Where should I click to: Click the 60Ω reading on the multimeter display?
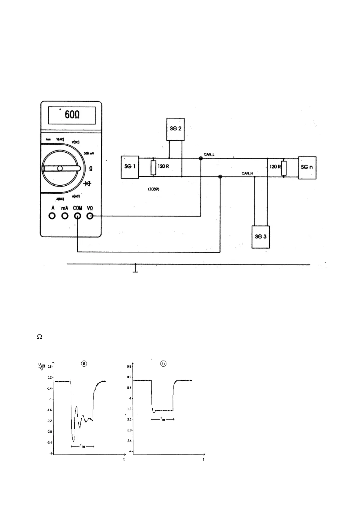(72, 115)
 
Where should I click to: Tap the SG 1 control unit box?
(130, 167)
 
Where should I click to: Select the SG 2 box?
(175, 129)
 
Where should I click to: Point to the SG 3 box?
(261, 237)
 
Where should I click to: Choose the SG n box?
(307, 168)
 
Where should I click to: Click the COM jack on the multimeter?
(78, 216)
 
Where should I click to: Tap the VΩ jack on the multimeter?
(90, 216)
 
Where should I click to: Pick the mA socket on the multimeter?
(65, 216)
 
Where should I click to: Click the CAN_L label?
(209, 154)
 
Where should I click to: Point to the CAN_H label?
(247, 173)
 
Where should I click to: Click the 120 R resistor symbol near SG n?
(284, 167)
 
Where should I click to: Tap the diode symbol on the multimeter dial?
(87, 183)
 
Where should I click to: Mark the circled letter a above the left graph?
(84, 363)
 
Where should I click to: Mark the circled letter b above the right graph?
(164, 364)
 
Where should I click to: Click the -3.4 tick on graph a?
(49, 443)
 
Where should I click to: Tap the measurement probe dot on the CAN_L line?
(201, 158)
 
